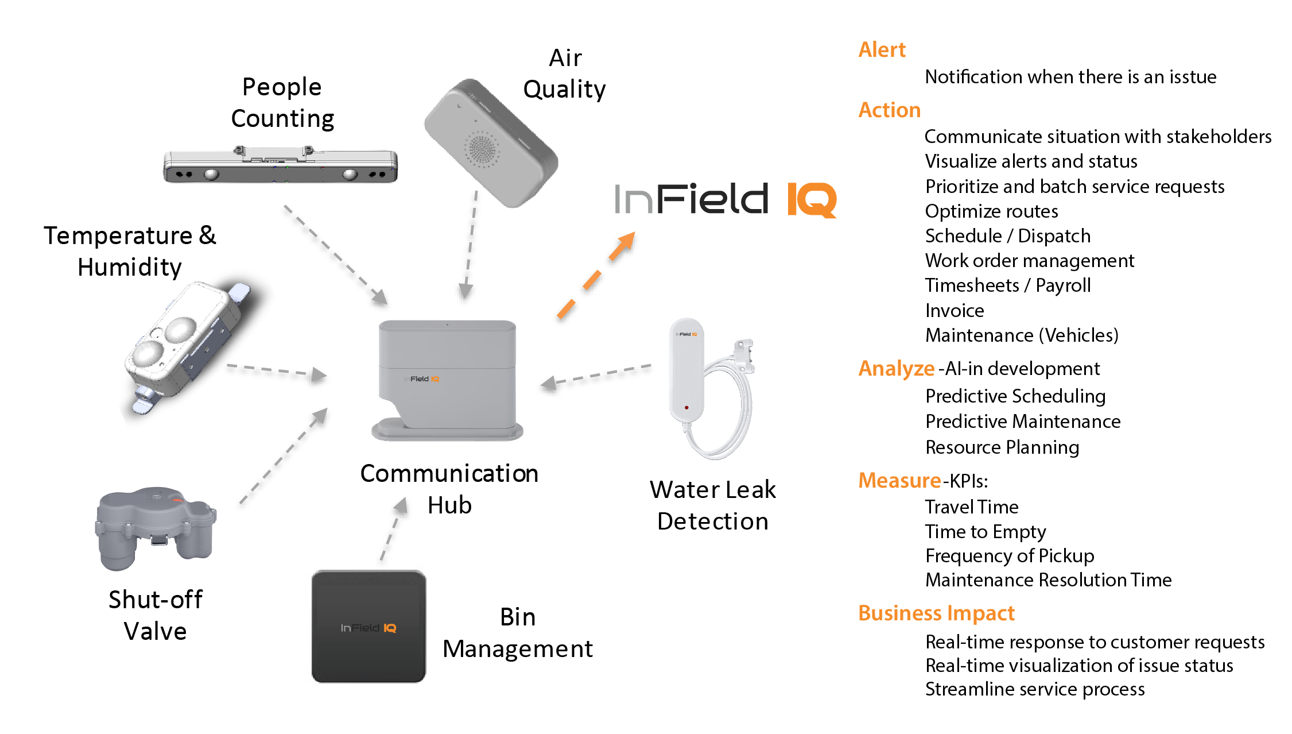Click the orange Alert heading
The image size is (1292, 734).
coord(882,50)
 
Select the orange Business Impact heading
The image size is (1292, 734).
coord(936,613)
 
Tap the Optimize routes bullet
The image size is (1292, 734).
coord(991,211)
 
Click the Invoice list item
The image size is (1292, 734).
coord(955,311)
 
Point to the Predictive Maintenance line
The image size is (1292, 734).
coord(1023,422)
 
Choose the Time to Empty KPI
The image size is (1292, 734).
coord(985,532)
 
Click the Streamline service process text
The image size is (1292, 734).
coord(1035,689)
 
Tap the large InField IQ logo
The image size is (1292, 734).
coord(725,199)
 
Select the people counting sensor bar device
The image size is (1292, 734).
coord(280,166)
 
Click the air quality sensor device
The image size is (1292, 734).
coord(491,144)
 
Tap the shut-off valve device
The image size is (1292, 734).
coord(156,528)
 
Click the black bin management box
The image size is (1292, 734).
coord(368,627)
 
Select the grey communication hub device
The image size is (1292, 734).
coord(447,379)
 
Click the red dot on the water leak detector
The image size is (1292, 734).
coord(686,408)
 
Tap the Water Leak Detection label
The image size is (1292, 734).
coord(712,505)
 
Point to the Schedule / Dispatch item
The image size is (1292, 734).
coord(1007,236)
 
